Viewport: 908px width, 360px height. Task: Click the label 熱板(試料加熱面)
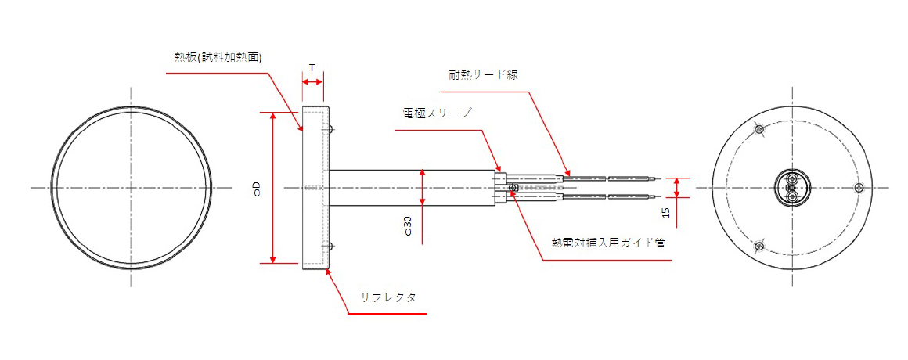pos(218,57)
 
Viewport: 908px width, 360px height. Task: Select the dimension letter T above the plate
pos(312,68)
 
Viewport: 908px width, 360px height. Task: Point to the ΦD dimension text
pos(256,189)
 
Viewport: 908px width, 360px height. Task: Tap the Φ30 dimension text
pos(407,227)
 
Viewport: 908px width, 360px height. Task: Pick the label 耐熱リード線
pos(483,74)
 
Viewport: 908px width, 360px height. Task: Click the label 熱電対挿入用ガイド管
pos(608,242)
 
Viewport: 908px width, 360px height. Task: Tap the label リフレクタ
pos(388,297)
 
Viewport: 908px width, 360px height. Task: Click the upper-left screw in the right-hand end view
pos(758,129)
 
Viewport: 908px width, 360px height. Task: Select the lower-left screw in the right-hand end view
pos(758,247)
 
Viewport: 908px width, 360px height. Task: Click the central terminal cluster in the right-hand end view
pos(791,188)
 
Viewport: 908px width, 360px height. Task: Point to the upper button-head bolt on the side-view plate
pos(332,129)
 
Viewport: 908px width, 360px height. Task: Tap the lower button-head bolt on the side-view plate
pos(332,247)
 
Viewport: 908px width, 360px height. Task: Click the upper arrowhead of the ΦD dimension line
pos(272,114)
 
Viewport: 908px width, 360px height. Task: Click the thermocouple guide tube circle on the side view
pos(512,188)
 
